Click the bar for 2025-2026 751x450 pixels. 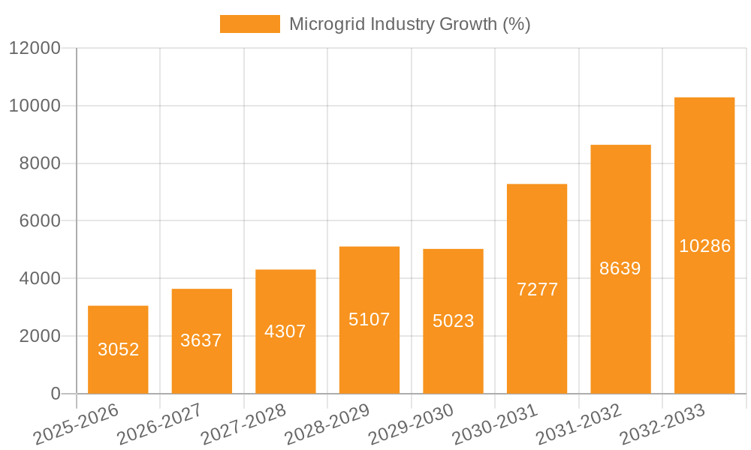pyautogui.click(x=118, y=349)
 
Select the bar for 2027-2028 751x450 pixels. pyautogui.click(x=285, y=331)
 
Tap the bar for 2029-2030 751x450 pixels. pyautogui.click(x=453, y=321)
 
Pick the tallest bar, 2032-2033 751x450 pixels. pyautogui.click(x=704, y=245)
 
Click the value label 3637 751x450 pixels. pyautogui.click(x=201, y=340)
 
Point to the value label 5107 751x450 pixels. pyautogui.click(x=369, y=319)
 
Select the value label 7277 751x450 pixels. pyautogui.click(x=537, y=289)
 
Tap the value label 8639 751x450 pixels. pyautogui.click(x=620, y=268)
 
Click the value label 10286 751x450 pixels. pyautogui.click(x=704, y=246)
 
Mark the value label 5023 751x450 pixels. pyautogui.click(x=453, y=321)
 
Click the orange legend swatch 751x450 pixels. pyautogui.click(x=249, y=24)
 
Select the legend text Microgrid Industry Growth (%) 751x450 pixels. pyautogui.click(x=409, y=24)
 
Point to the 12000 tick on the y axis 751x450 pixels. pyautogui.click(x=35, y=49)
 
